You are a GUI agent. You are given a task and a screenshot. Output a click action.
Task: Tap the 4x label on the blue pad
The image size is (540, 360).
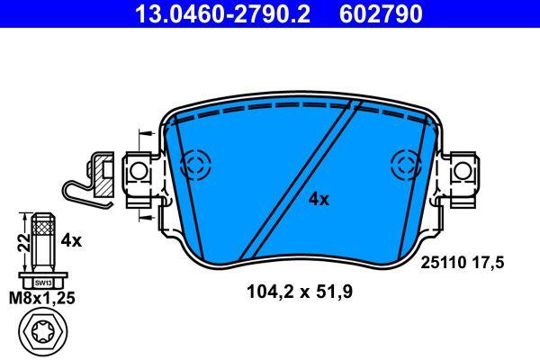(319, 199)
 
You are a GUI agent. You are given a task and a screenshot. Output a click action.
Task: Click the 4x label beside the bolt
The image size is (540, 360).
(71, 240)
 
